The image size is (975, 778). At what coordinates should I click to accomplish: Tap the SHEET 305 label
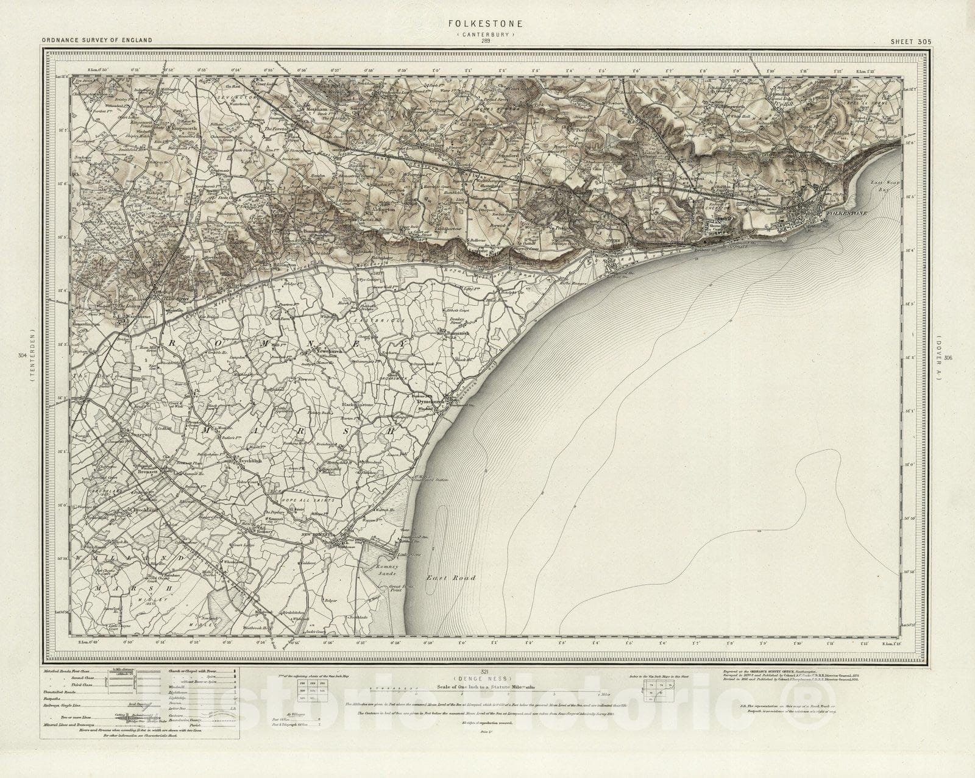coord(910,41)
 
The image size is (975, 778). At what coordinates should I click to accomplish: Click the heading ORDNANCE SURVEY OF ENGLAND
coord(97,41)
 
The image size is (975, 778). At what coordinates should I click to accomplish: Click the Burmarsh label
coord(453,334)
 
